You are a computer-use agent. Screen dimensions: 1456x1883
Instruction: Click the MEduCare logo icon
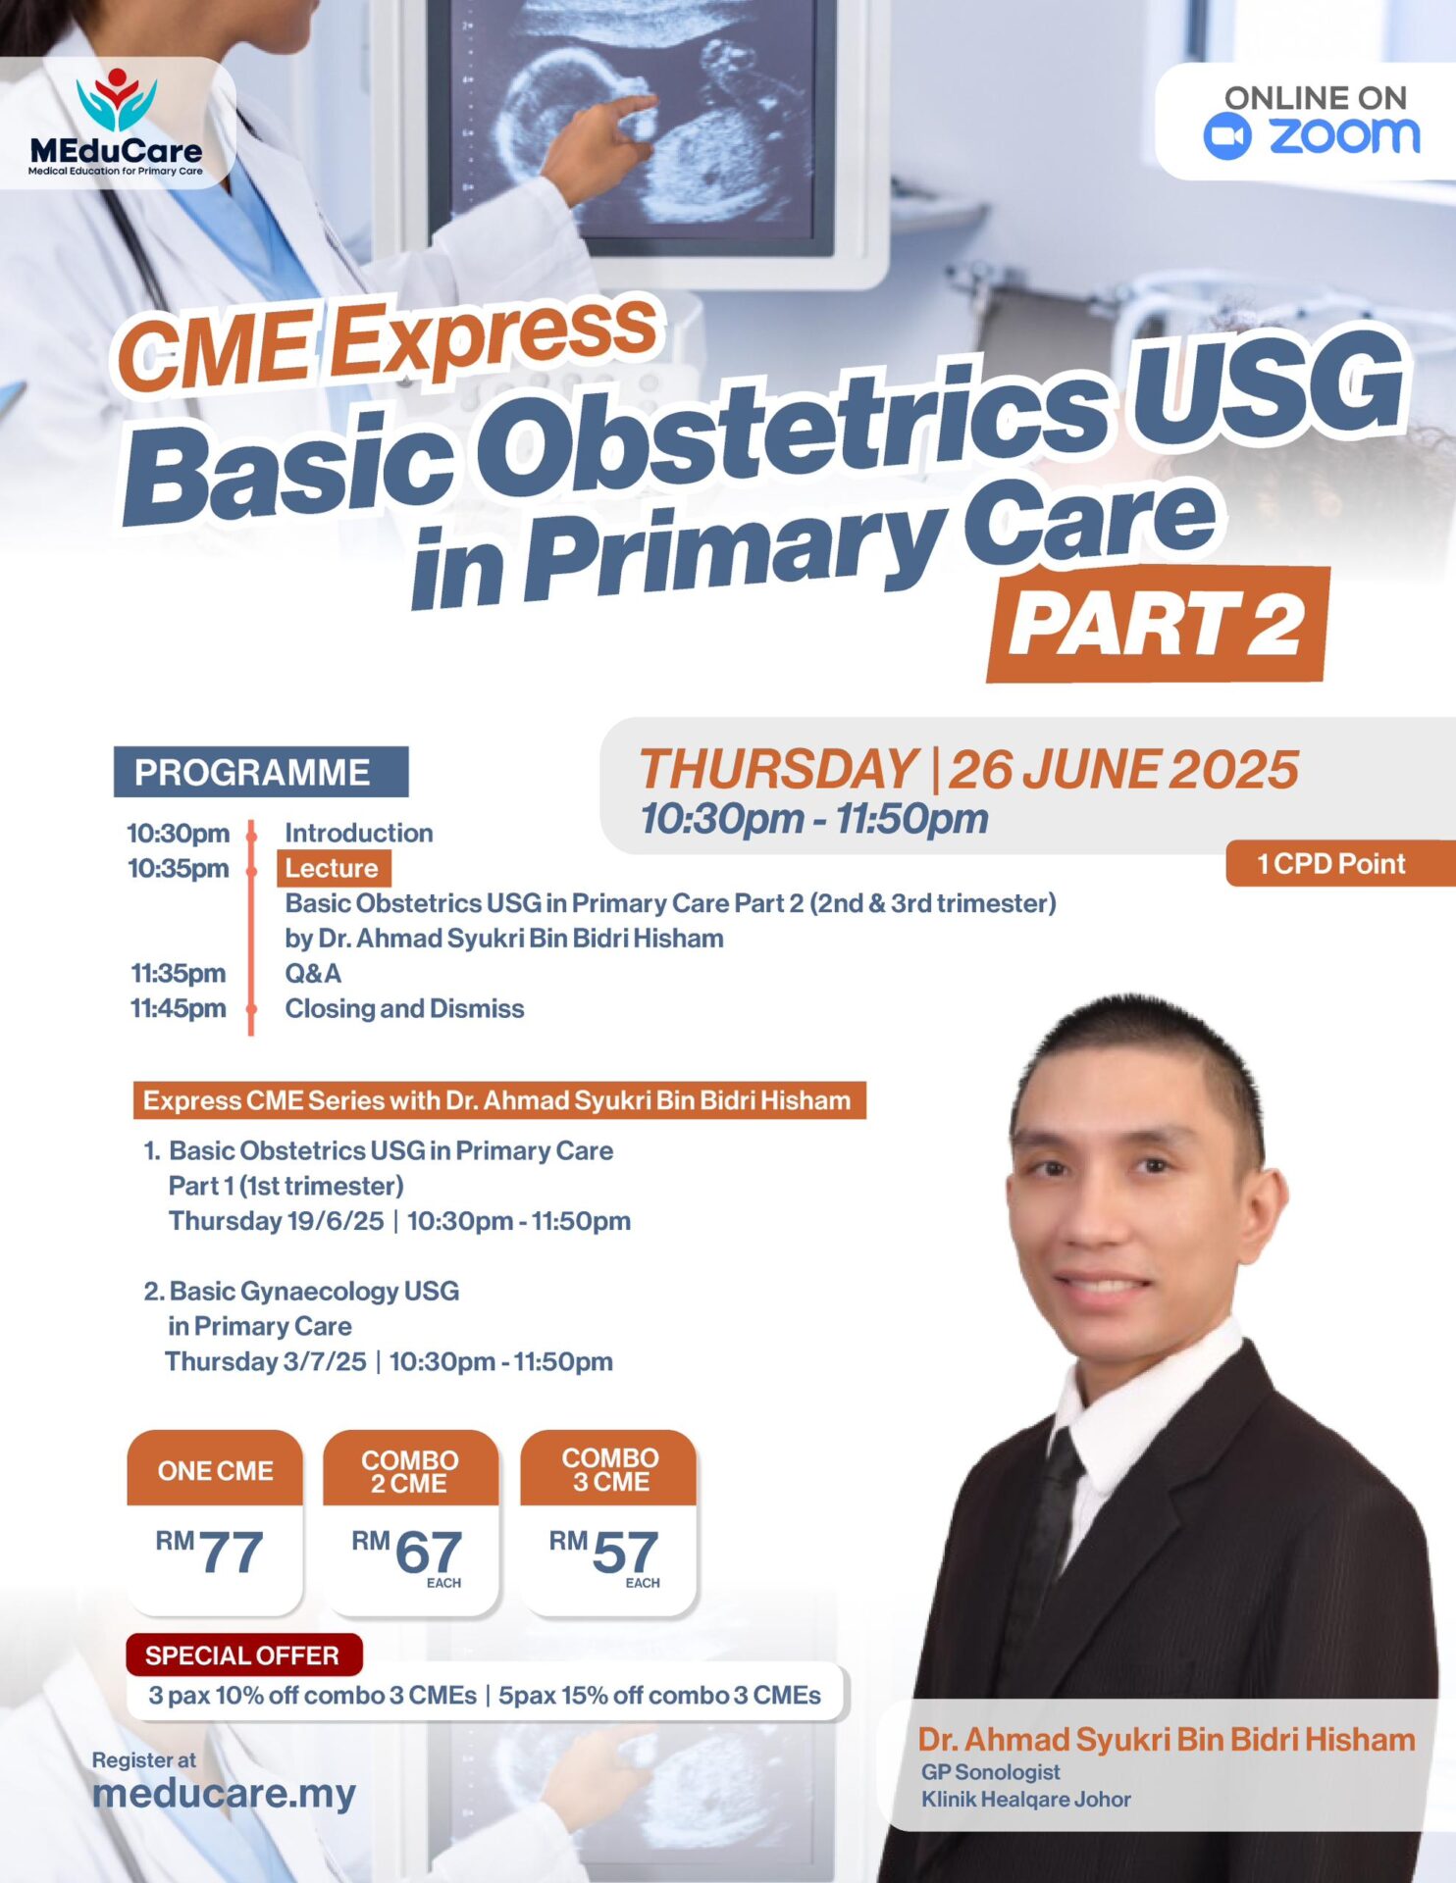[116, 99]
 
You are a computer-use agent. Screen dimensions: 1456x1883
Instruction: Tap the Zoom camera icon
[1227, 136]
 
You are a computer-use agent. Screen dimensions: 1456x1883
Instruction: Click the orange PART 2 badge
[1158, 625]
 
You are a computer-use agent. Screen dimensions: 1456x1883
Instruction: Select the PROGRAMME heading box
[261, 772]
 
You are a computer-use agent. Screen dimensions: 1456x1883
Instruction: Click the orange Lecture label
[334, 868]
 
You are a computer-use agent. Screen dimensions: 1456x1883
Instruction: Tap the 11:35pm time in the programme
[179, 973]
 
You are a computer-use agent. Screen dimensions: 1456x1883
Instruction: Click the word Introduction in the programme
[359, 833]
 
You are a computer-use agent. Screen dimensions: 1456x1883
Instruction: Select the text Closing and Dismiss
[404, 1008]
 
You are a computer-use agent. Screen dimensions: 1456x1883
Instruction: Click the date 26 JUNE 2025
[1123, 769]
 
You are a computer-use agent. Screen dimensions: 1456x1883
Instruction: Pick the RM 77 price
[210, 1552]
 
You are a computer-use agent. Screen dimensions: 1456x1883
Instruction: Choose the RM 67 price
[407, 1552]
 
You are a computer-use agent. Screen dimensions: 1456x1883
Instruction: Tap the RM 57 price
[604, 1552]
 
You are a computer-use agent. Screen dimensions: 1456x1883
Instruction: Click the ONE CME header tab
[215, 1469]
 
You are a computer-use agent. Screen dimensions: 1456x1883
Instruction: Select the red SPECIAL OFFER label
[243, 1655]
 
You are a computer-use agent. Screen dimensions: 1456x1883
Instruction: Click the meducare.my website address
[224, 1794]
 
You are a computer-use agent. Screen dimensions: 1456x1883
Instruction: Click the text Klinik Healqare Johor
[1026, 1800]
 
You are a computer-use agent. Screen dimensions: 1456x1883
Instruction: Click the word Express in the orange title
[494, 336]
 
